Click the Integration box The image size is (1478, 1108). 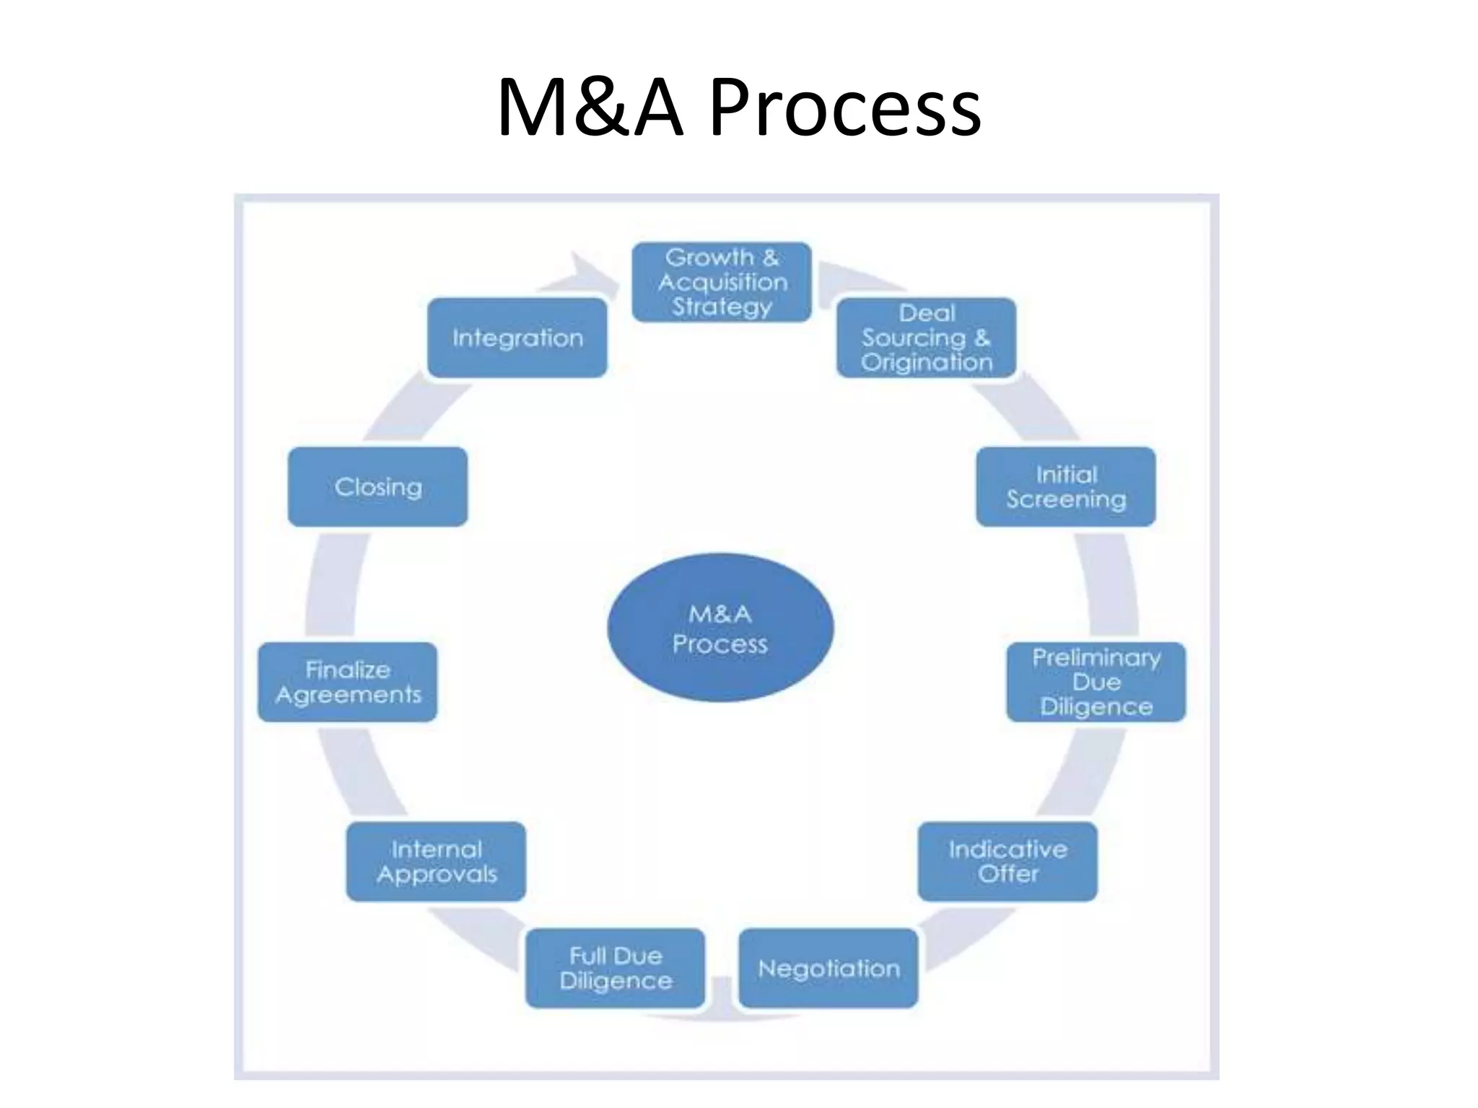click(x=517, y=338)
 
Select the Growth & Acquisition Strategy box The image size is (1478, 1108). click(x=722, y=282)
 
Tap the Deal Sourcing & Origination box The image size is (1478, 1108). click(x=927, y=338)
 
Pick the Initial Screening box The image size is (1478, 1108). click(x=1066, y=486)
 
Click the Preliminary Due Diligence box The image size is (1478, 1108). click(x=1096, y=682)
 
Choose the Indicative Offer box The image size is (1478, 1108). click(x=1007, y=861)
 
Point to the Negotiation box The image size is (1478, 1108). click(x=828, y=968)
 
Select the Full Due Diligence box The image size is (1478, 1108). click(x=615, y=968)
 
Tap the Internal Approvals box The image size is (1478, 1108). click(x=436, y=861)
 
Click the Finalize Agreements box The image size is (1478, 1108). click(x=347, y=682)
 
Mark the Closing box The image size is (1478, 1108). click(x=377, y=486)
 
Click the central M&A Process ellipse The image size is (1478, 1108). click(x=720, y=628)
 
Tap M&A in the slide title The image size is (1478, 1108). click(x=590, y=108)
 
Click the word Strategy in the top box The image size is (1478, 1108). click(x=722, y=307)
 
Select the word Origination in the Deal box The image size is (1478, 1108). click(x=927, y=362)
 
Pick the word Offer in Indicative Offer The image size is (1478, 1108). click(x=1007, y=874)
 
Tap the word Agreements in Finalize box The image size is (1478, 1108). click(x=348, y=695)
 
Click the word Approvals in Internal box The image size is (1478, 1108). click(x=437, y=874)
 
